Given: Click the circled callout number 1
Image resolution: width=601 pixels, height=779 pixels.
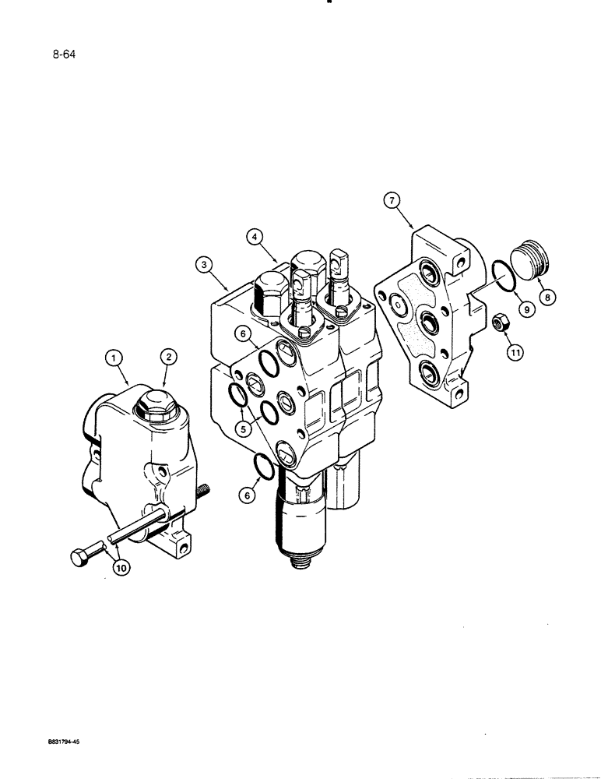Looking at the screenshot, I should [x=114, y=358].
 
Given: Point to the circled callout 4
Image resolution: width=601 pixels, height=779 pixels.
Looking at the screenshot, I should [x=255, y=235].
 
